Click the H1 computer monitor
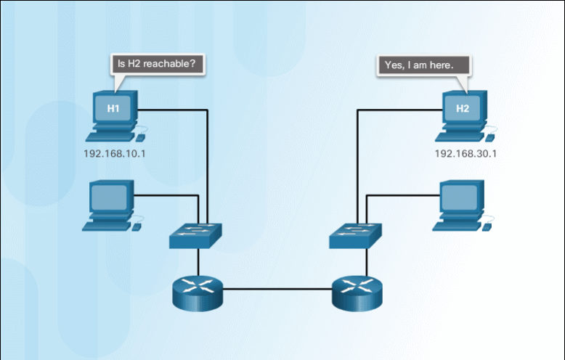[113, 110]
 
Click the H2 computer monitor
[463, 110]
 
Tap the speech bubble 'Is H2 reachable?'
[156, 64]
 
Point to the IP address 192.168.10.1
[115, 154]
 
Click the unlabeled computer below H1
[112, 206]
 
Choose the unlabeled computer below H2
[460, 206]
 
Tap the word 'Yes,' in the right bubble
[394, 65]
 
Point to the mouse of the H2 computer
[492, 136]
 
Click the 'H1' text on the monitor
[113, 109]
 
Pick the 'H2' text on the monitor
[463, 109]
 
